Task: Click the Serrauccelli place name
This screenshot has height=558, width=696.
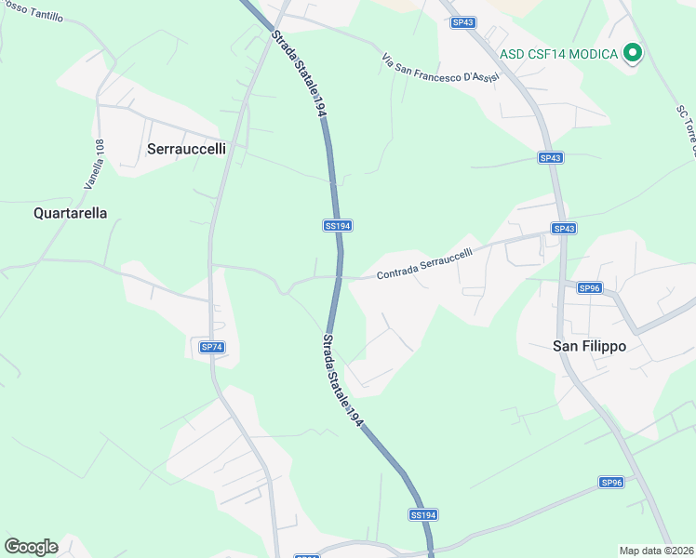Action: coord(186,148)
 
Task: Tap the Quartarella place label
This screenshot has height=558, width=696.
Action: coord(70,213)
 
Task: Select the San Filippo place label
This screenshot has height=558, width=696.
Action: coord(590,346)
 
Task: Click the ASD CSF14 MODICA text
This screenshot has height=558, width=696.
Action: coord(558,54)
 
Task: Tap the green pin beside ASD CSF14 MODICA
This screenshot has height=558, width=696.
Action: coord(633,53)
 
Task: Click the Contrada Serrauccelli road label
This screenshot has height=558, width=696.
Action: coord(424,264)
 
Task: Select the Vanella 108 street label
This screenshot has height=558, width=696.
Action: coord(94,165)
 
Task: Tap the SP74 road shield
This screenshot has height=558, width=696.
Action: coord(212,347)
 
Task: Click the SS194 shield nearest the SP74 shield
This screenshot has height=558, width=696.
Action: coord(337,226)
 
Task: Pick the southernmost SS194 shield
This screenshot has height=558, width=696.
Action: coord(422,514)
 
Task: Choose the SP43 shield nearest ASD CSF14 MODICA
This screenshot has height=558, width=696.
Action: coord(462,22)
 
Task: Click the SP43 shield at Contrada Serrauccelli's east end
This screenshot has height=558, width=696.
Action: coord(564,229)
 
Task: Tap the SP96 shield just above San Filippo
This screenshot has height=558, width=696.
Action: coord(590,288)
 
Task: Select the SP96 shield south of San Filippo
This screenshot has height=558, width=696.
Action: coord(610,482)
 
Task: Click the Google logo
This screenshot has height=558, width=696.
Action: coord(31,547)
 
